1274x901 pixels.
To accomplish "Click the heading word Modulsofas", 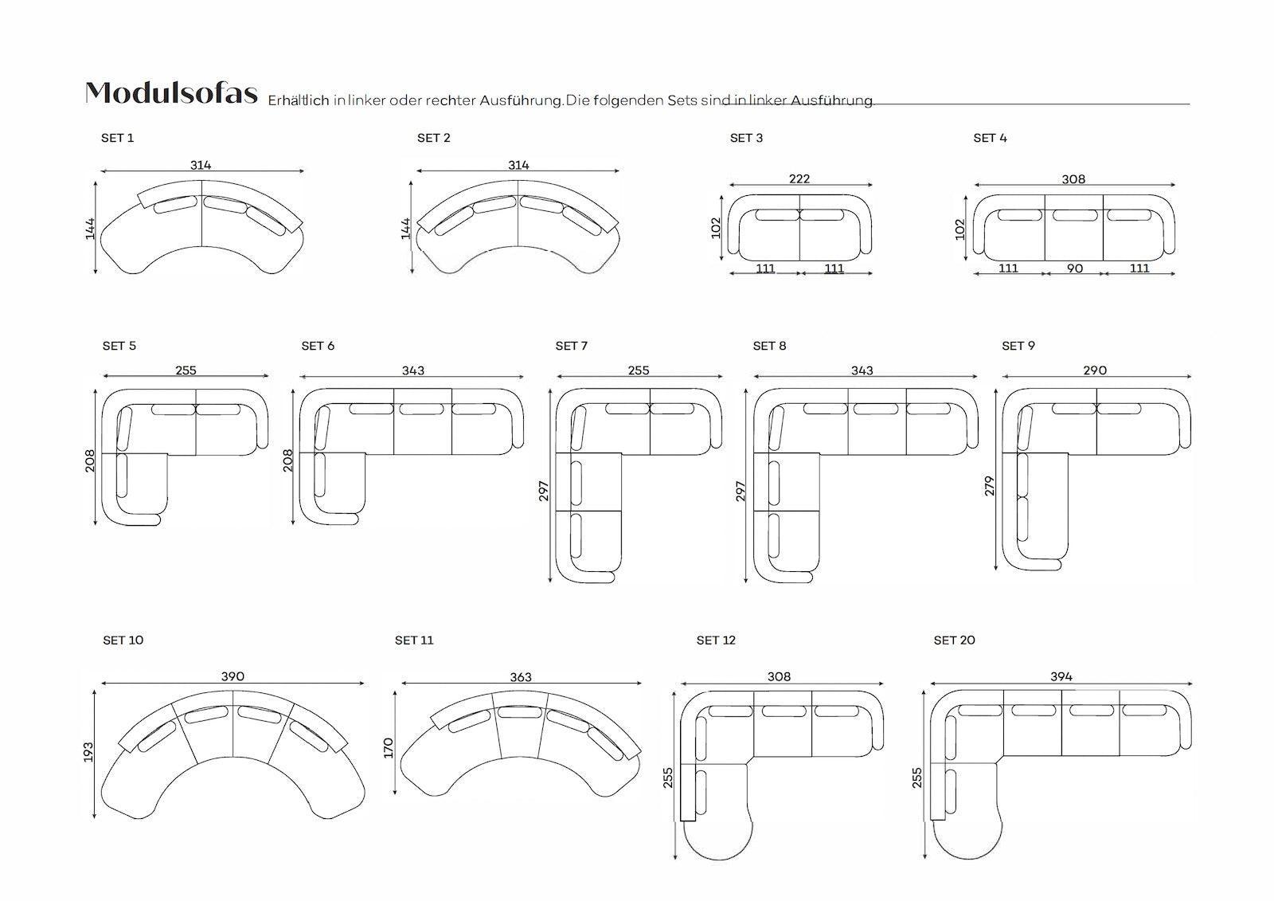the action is pos(171,92).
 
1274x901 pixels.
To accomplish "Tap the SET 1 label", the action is pos(117,138).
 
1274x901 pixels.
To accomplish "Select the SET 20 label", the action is pos(955,640).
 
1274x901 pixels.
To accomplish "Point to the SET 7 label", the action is pos(572,346).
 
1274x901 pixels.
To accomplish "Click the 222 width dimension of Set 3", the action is pos(799,178).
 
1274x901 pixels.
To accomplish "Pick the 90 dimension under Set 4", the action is pos(1074,268).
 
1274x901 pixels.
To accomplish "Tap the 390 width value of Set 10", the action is pos(233,676).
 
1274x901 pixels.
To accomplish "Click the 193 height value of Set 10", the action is pos(88,753).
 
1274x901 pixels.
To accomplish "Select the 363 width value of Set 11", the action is pos(521,677).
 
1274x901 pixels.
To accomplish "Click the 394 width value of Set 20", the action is pos(1061,676).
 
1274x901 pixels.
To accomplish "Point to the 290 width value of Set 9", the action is pos(1095,370).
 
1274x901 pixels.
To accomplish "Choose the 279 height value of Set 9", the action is pos(990,486).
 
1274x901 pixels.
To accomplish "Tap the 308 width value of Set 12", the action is pos(780,676).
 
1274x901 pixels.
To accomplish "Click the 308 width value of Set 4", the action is pos(1074,179).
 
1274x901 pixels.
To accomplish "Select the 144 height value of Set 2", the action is pos(405,229).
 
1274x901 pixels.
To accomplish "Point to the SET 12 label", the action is pos(716,640).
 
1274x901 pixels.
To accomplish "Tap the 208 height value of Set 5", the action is pos(90,461).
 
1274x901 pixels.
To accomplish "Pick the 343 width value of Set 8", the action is pos(862,370).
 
